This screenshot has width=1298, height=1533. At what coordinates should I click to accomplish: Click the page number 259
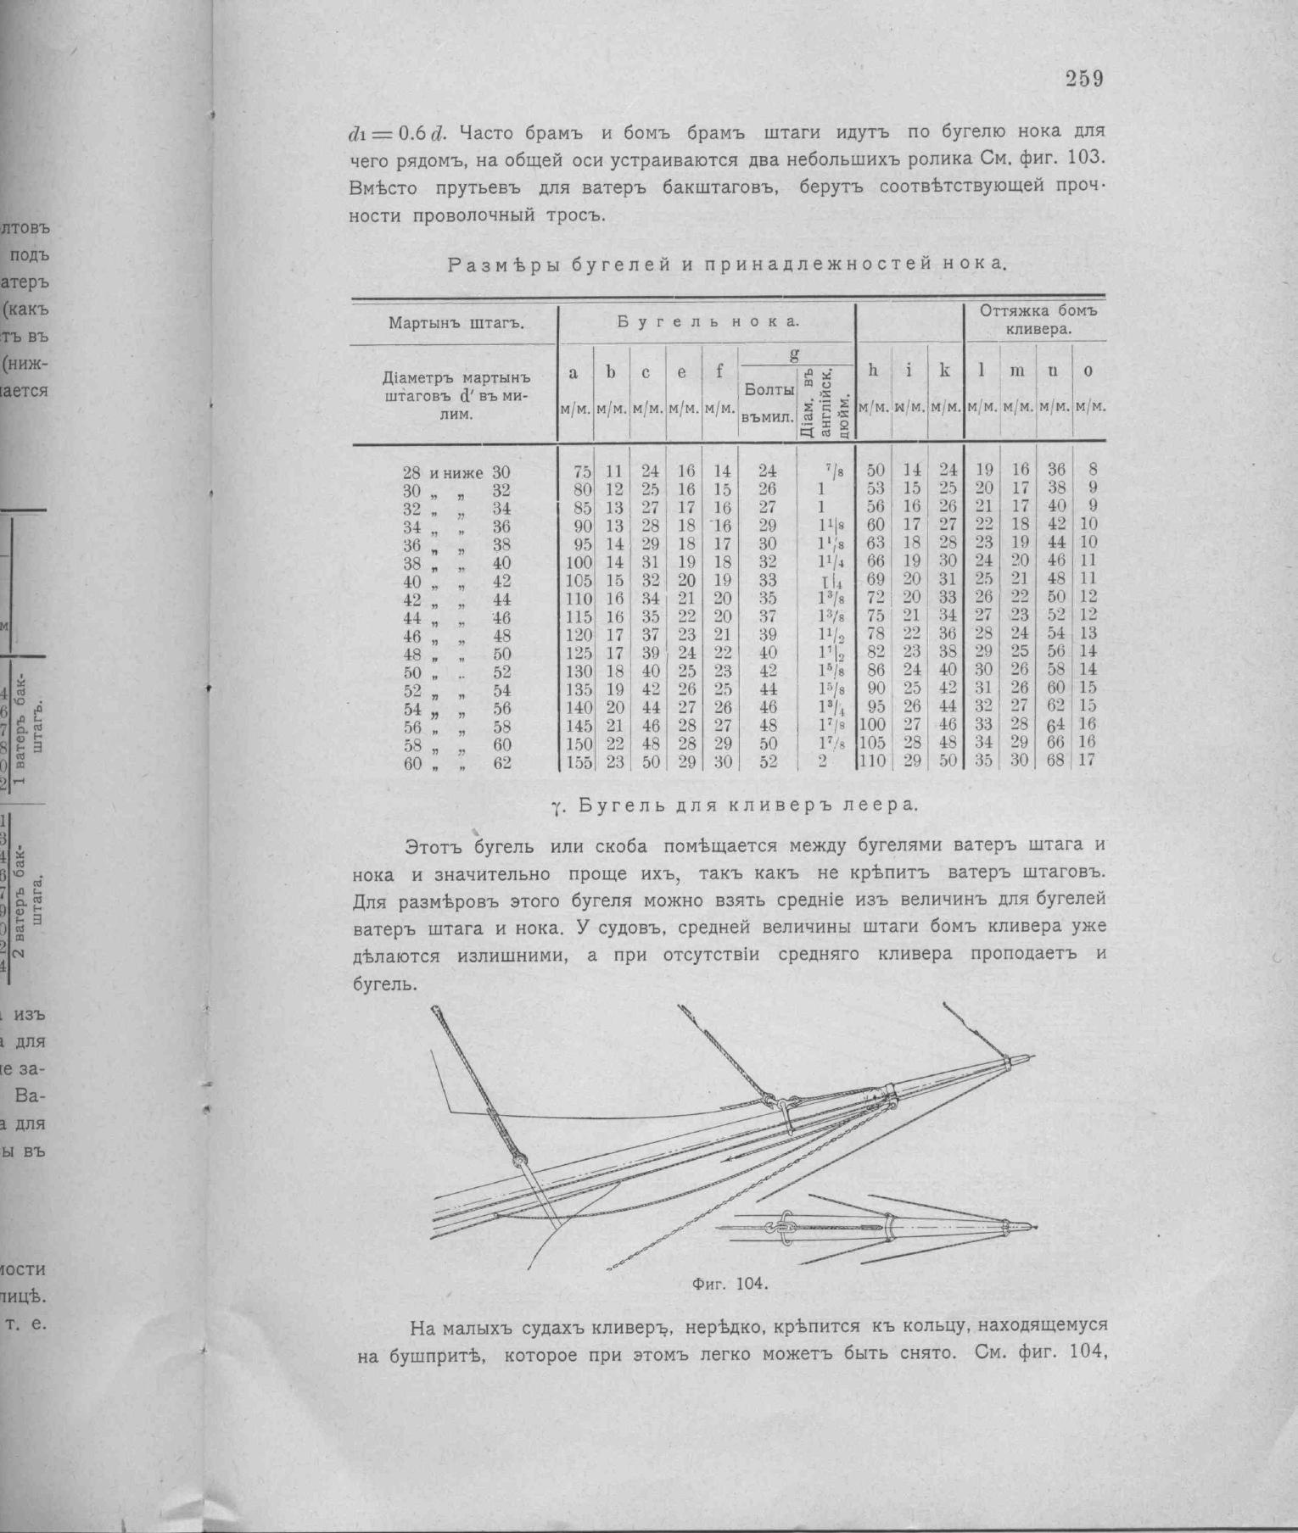point(1083,80)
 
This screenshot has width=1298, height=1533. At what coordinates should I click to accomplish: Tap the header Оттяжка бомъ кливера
point(1038,320)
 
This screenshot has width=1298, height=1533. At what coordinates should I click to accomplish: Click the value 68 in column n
point(1056,761)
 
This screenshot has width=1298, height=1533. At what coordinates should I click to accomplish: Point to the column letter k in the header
point(945,370)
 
